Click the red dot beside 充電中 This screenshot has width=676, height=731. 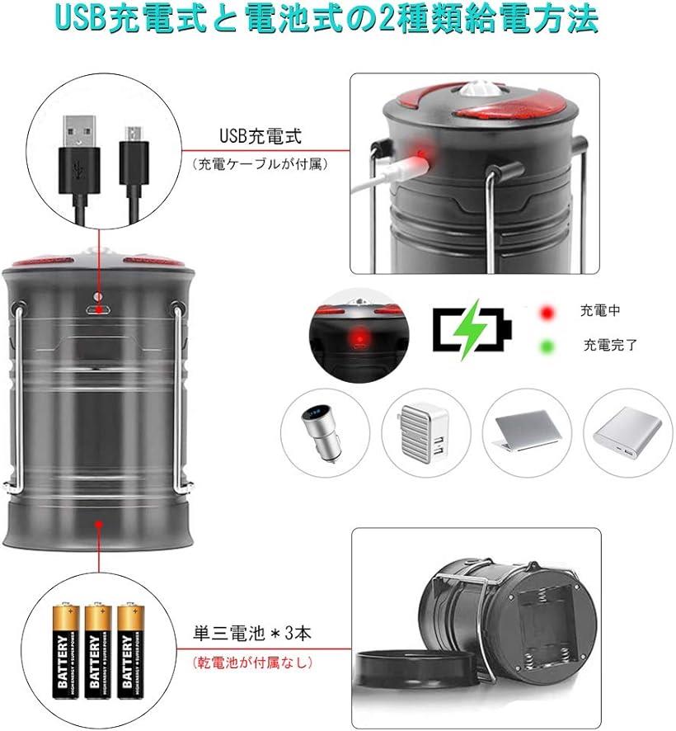coord(545,313)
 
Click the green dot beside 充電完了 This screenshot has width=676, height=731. coord(545,344)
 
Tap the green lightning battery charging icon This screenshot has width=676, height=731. coord(471,328)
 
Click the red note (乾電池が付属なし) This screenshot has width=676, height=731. coord(252,662)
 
